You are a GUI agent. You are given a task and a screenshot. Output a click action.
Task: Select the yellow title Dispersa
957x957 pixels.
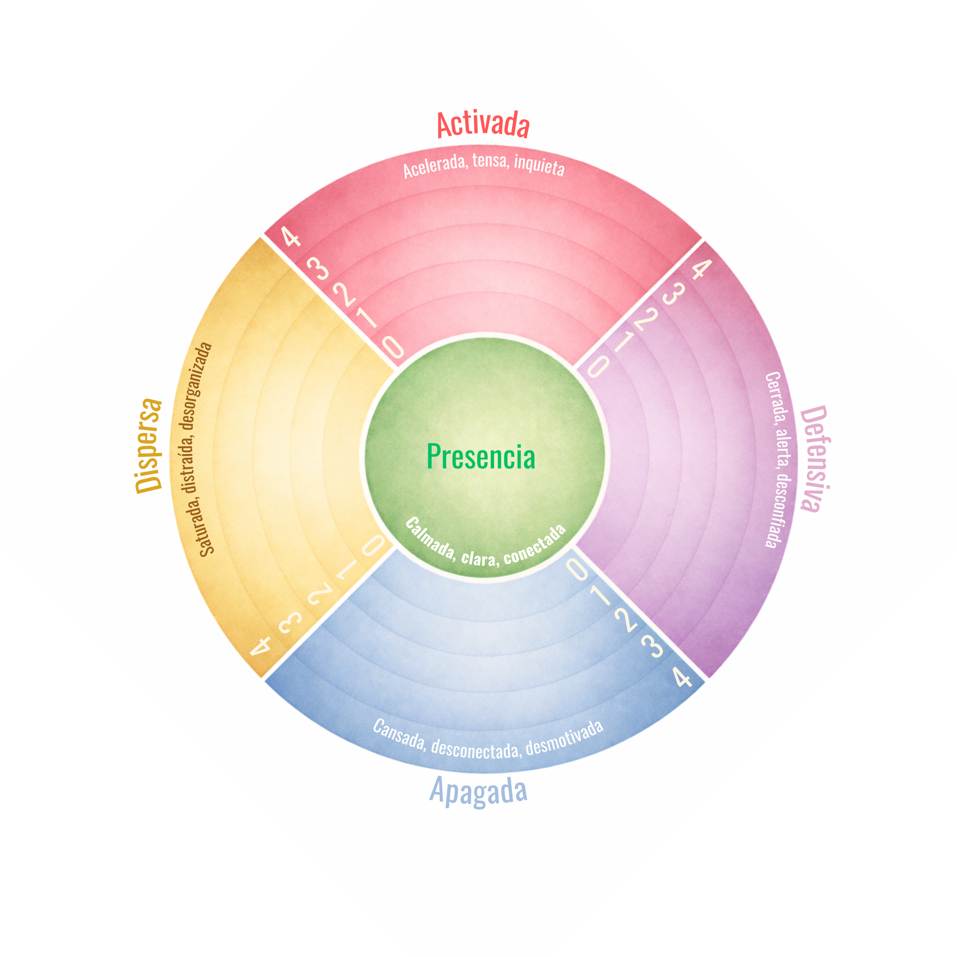(x=149, y=446)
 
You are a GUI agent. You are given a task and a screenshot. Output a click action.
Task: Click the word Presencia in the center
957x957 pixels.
(x=481, y=456)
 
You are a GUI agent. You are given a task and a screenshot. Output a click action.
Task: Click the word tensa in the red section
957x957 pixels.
(x=490, y=161)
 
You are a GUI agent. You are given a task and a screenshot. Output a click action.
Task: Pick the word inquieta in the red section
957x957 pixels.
(x=539, y=165)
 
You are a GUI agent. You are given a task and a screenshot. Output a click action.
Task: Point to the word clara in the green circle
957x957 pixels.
(x=478, y=557)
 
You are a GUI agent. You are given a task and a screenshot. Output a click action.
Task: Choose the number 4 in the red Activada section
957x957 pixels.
(x=291, y=237)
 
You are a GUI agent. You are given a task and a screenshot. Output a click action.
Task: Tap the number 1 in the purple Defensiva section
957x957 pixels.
(x=625, y=342)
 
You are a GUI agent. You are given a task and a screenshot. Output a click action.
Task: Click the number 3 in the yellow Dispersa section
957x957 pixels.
(x=290, y=622)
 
